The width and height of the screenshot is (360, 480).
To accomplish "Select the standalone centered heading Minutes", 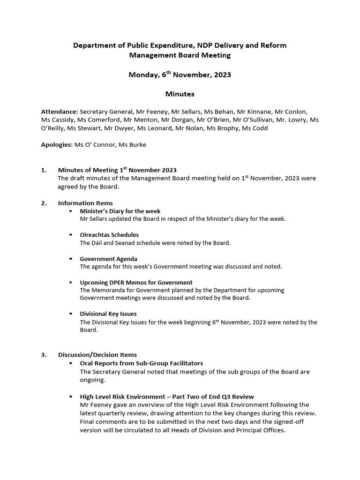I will (180, 94).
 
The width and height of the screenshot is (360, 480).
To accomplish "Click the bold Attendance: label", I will (60, 112).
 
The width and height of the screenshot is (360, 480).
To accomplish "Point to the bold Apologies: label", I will (57, 145).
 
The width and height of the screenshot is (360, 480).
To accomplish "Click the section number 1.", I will (43, 170).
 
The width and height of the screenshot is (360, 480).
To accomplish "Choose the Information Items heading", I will (85, 203).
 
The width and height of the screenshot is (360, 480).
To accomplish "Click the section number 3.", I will (43, 355).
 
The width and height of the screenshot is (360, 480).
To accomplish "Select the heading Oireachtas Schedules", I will (109, 235).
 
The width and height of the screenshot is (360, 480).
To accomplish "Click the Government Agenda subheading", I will (108, 259).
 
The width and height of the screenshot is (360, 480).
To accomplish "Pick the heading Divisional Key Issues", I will (108, 314).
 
